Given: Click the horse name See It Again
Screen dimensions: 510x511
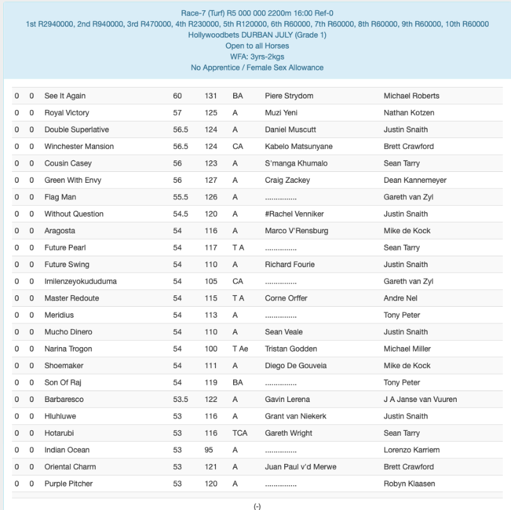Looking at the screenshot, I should (65, 96).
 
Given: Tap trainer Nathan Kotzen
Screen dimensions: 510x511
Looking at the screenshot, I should (409, 112).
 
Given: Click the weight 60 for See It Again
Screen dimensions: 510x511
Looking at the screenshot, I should (177, 96).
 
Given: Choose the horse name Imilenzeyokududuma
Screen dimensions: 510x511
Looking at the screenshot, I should (80, 281).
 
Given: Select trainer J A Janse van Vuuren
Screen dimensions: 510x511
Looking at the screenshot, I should (420, 399).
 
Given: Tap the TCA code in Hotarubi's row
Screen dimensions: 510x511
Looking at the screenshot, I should (240, 433).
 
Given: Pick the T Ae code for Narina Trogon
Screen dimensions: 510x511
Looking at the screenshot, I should (240, 349).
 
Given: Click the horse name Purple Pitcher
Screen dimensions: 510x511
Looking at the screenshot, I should (68, 484).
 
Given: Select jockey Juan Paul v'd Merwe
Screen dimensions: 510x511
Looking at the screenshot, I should (300, 467).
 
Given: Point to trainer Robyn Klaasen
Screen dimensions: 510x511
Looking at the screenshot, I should (409, 484).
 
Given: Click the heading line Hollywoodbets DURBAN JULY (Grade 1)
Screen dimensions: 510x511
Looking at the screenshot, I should (257, 35).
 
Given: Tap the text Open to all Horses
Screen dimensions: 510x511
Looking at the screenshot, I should (257, 46).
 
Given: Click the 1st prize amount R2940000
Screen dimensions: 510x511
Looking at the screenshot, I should (49, 24).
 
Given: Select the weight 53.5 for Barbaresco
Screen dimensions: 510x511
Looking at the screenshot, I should (181, 399).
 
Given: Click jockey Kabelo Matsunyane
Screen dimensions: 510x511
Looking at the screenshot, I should (298, 146).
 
